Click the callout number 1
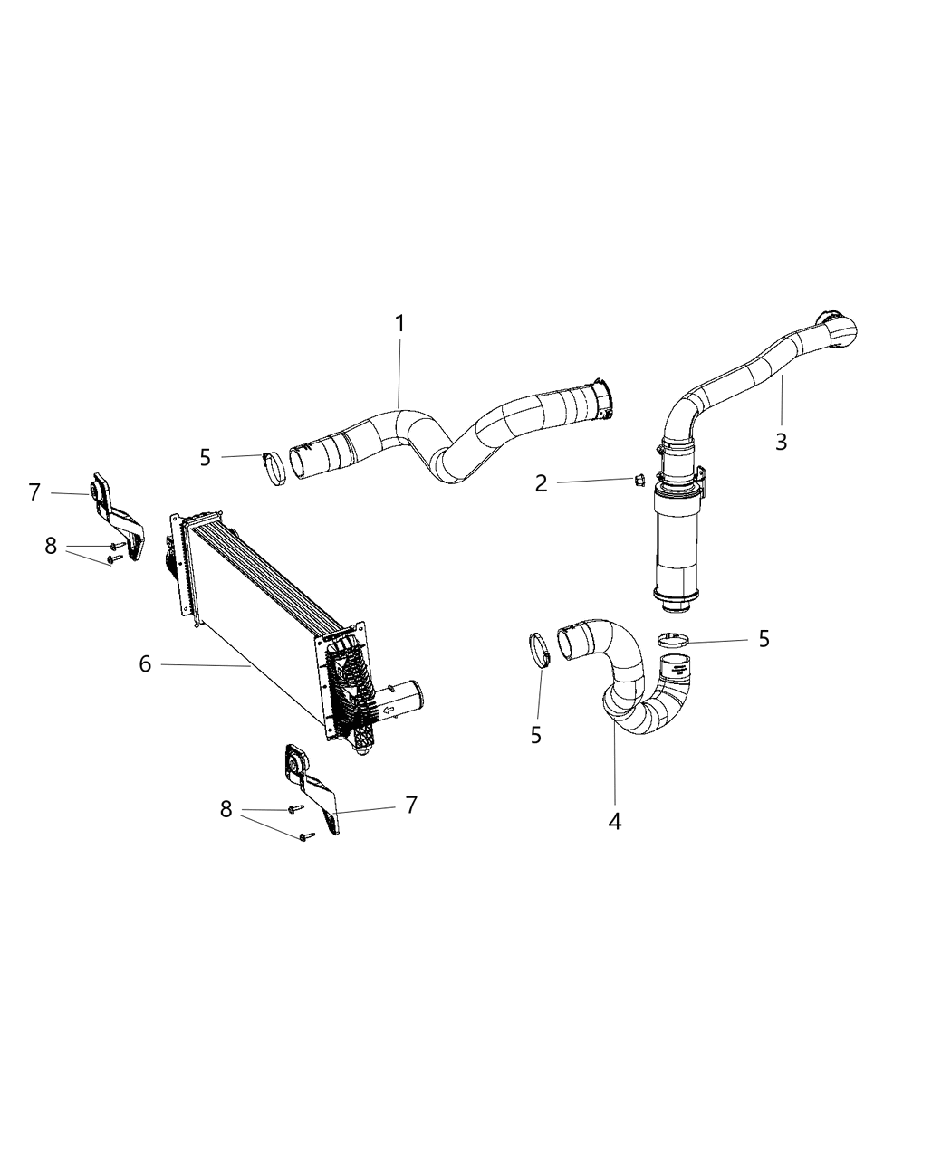tap(399, 323)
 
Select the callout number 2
tap(541, 483)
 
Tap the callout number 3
tap(781, 442)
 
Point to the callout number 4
tap(615, 821)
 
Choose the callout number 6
tap(145, 664)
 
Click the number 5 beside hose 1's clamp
tap(206, 457)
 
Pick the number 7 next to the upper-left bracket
tap(34, 492)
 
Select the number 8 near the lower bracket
tap(226, 809)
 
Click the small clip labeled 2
tap(636, 480)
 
